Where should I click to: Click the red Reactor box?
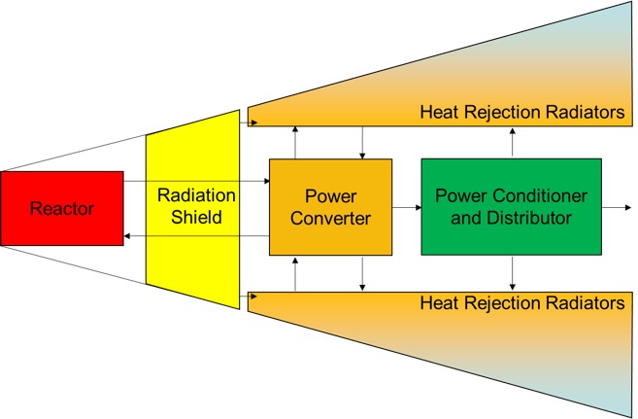pos(62,208)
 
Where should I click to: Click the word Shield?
pos(190,218)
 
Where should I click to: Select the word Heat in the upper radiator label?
pos(438,113)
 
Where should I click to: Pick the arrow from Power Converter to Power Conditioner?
pos(406,207)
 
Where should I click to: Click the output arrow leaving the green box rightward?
pos(614,207)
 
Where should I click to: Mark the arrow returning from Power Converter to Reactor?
pos(194,236)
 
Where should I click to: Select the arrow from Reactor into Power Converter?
pos(194,181)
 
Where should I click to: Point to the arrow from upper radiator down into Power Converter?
pos(362,142)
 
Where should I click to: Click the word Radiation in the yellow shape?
pos(190,195)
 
